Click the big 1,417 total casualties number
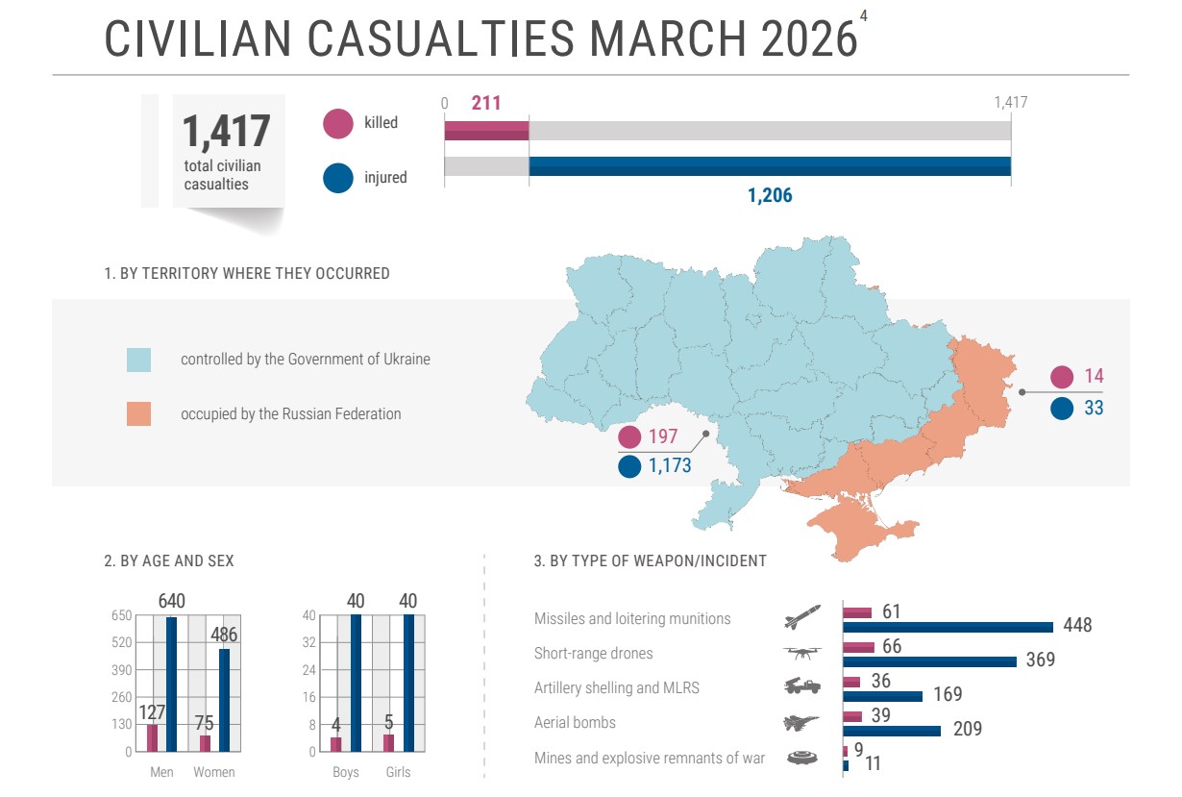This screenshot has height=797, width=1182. (227, 132)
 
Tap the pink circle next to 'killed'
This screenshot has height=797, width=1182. (338, 123)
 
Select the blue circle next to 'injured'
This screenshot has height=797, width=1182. (338, 178)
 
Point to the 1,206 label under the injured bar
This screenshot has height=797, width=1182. (770, 196)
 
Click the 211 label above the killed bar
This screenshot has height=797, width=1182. (486, 103)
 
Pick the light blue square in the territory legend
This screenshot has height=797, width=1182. (139, 360)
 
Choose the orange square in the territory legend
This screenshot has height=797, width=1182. (139, 414)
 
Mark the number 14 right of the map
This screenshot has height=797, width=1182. (1094, 377)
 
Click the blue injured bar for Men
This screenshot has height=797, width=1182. (172, 685)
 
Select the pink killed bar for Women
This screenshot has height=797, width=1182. (205, 743)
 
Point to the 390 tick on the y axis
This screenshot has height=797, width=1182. (121, 669)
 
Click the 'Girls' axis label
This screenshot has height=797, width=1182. (398, 772)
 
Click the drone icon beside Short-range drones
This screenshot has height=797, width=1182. (802, 654)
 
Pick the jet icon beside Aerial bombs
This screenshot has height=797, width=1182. (802, 723)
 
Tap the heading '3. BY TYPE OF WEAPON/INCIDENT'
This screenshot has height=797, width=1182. (650, 560)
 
